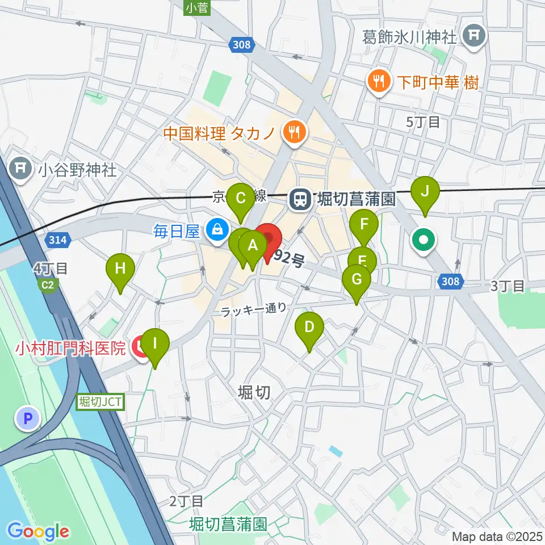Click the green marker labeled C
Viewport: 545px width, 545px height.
[240, 199]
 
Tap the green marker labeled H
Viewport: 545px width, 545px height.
[120, 269]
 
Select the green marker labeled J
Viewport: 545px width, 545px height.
[425, 192]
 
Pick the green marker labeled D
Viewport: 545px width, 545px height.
[309, 328]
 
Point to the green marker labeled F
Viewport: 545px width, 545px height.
[364, 224]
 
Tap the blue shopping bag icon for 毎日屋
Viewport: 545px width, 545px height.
[216, 230]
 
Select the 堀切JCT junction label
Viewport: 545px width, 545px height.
[99, 402]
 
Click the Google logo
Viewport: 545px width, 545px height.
[39, 531]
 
